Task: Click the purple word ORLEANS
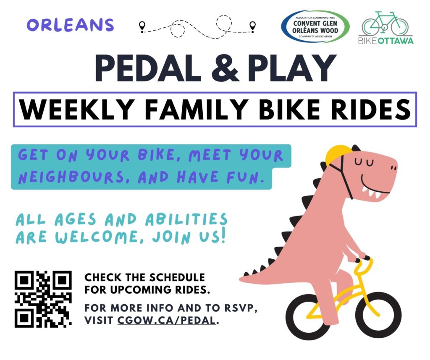[x=70, y=25]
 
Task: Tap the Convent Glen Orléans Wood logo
[x=315, y=26]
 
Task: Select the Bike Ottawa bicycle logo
[x=386, y=28]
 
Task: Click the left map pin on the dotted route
[x=142, y=26]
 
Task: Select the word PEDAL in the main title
[x=148, y=68]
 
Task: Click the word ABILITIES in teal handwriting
[x=186, y=219]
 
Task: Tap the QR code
[x=43, y=299]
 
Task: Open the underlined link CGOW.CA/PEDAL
[x=166, y=320]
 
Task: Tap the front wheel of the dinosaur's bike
[x=378, y=316]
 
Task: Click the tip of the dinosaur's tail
[x=240, y=279]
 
